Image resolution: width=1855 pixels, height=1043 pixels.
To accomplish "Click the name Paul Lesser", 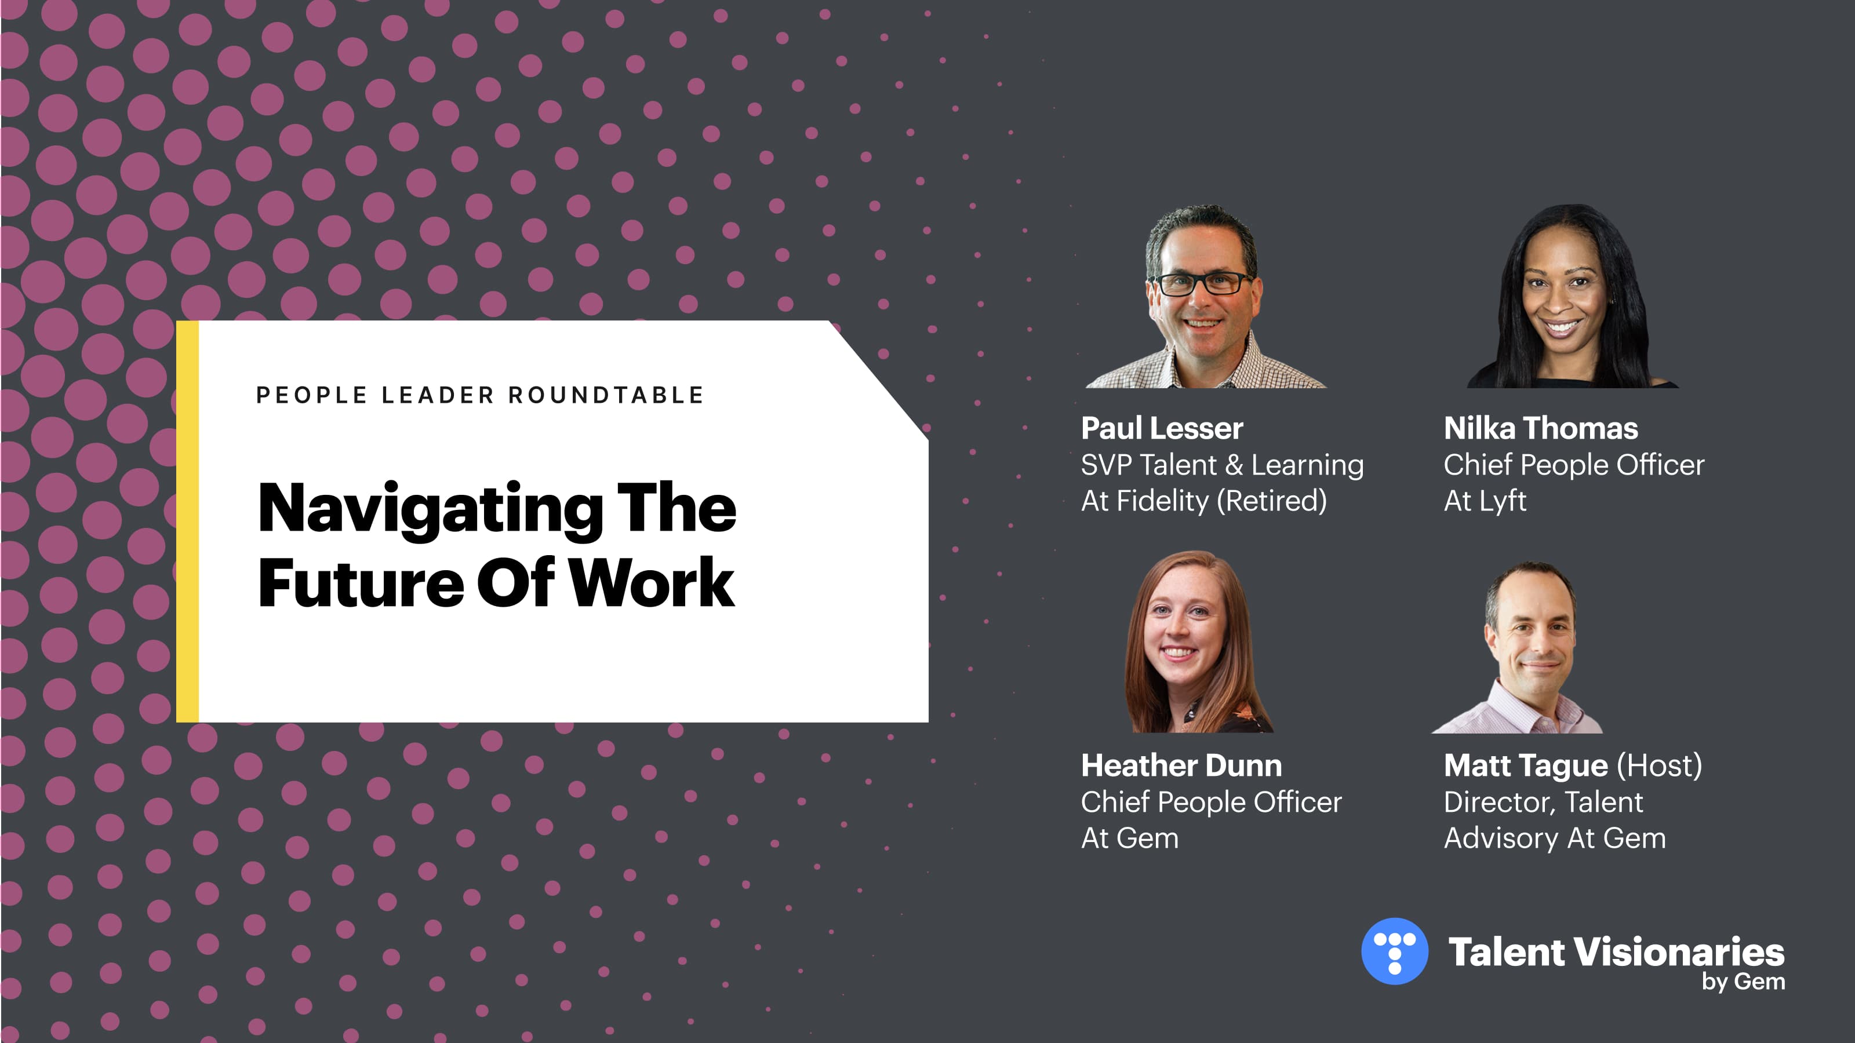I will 1162,428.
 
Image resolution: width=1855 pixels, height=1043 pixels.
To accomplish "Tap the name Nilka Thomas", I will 1540,428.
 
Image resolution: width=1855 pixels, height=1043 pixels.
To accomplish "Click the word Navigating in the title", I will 430,510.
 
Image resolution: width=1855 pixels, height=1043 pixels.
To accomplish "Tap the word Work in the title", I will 652,582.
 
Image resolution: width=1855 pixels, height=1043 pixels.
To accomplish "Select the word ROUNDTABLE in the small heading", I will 606,395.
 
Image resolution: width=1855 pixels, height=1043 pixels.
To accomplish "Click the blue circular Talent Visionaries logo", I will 1394,951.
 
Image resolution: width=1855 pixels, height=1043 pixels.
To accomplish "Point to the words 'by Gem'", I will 1743,981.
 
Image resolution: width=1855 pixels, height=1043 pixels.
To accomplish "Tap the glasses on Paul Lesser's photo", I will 1203,283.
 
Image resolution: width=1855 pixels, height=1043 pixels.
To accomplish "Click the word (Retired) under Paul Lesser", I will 1271,501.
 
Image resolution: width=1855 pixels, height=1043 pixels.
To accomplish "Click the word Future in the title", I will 361,582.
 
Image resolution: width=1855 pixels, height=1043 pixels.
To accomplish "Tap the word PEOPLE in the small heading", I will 312,395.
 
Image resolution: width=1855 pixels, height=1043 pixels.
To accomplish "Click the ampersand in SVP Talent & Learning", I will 1234,465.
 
